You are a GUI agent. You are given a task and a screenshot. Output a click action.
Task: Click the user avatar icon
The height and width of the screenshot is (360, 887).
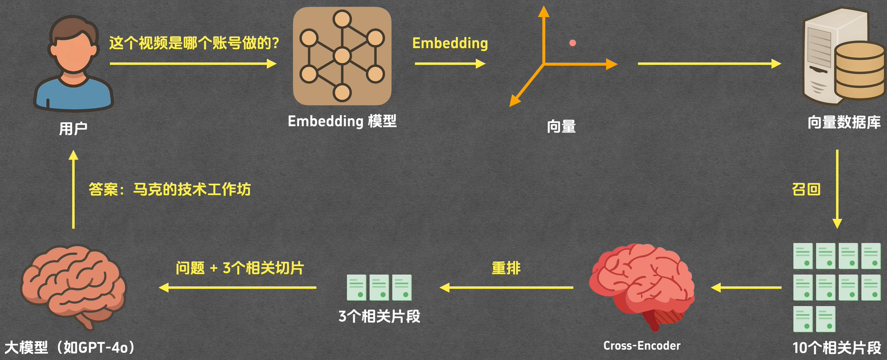click(74, 64)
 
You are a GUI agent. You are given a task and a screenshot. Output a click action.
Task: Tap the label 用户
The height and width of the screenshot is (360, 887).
click(73, 129)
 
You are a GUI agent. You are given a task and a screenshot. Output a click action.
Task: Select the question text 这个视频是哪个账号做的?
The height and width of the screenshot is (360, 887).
click(194, 43)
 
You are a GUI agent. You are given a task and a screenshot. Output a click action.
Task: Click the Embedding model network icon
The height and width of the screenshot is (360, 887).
click(342, 56)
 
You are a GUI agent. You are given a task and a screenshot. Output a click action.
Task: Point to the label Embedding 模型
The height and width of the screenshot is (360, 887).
click(342, 121)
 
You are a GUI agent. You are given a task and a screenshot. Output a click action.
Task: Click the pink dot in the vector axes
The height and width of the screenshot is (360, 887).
click(572, 43)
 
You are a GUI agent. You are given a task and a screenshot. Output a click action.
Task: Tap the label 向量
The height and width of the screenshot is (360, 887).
click(561, 127)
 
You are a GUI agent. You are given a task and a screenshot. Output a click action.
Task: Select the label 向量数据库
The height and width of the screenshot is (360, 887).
click(844, 122)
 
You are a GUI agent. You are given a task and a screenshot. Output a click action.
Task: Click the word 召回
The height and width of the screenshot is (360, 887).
click(806, 189)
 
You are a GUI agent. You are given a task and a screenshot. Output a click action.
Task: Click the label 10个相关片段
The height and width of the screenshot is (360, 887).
click(837, 348)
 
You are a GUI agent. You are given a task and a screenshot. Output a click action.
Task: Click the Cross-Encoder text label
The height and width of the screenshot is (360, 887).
click(641, 346)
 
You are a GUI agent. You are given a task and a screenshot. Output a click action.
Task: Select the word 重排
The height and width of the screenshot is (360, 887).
click(506, 268)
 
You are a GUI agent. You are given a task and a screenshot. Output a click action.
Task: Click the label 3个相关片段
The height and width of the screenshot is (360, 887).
click(379, 316)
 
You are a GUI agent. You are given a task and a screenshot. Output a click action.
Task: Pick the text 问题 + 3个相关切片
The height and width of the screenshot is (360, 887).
click(240, 268)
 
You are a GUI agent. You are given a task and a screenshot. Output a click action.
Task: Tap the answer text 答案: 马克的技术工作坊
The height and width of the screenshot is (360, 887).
click(170, 189)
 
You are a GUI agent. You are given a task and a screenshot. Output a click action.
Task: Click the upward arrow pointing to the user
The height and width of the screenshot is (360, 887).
click(74, 189)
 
